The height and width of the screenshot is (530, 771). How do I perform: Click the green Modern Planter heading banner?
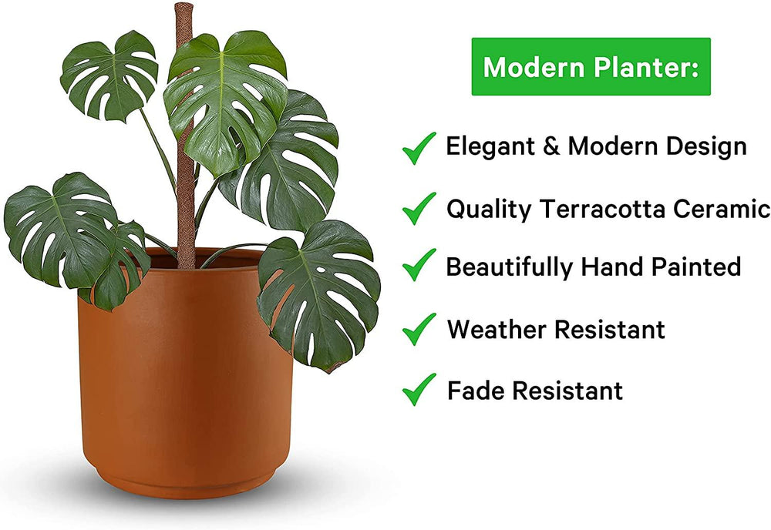tap(591, 66)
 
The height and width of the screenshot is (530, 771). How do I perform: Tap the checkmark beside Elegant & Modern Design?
tap(418, 149)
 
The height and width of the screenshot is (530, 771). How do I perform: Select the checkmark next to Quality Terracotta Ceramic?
tap(418, 210)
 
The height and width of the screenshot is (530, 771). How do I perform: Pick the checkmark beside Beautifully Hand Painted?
tap(418, 265)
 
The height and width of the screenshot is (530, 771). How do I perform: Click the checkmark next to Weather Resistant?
tap(418, 330)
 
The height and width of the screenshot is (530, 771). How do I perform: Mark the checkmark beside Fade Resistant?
tap(418, 390)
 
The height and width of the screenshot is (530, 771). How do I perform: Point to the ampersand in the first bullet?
tap(551, 146)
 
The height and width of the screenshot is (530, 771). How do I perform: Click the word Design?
tap(706, 147)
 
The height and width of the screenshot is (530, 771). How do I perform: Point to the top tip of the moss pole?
tap(183, 4)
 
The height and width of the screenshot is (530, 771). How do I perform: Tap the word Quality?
tap(489, 210)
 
